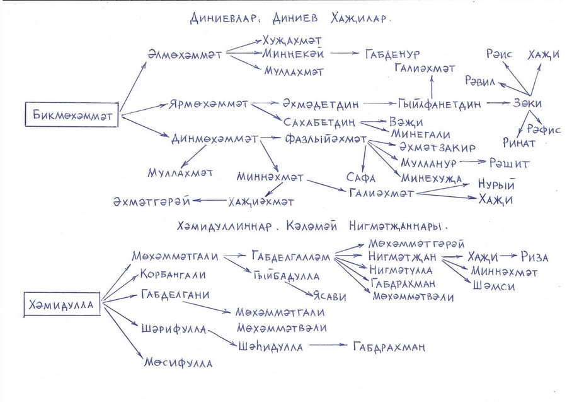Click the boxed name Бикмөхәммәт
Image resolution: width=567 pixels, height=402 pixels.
[72, 115]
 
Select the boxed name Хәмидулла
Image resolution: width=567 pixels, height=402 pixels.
[62, 304]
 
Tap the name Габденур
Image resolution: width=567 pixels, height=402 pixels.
[392, 54]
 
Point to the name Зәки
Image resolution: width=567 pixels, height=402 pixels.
[527, 103]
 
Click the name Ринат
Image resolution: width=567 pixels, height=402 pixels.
[519, 143]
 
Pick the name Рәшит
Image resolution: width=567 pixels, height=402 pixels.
[509, 163]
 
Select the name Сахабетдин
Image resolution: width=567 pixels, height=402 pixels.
[319, 122]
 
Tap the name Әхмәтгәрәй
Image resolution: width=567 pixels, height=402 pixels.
[151, 201]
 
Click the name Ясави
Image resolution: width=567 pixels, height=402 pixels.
[329, 297]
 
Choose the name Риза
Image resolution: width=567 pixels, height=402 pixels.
[534, 257]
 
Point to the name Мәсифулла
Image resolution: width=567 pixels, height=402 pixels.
[178, 362]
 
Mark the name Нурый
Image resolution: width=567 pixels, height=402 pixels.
[496, 184]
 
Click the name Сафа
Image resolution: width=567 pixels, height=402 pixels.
[360, 177]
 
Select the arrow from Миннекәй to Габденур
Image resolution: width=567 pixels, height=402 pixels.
[343, 53]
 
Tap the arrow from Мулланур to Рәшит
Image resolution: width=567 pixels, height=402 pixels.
[472, 162]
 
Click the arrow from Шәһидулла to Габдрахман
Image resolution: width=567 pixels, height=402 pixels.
[328, 345]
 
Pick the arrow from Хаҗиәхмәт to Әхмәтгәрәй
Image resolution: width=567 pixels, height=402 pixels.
[209, 200]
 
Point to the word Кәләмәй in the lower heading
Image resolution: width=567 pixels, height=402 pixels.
[312, 227]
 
